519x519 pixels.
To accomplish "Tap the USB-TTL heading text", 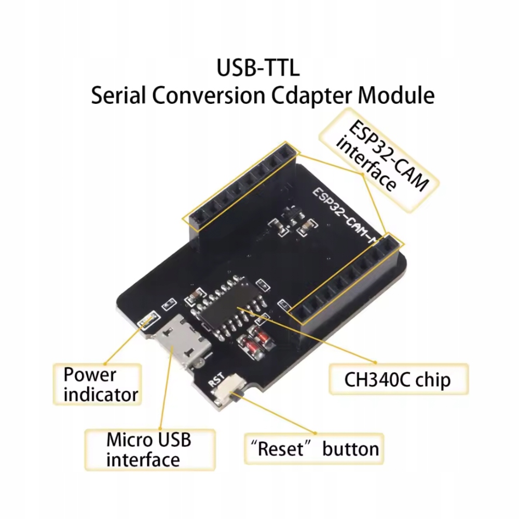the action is pyautogui.click(x=258, y=69).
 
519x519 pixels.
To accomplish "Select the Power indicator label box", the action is pyautogui.click(x=97, y=384).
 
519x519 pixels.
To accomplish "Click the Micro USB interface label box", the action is pyautogui.click(x=149, y=449).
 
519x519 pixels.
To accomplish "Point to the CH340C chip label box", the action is pyautogui.click(x=398, y=380).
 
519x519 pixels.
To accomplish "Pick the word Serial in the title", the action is pyautogui.click(x=120, y=97).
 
